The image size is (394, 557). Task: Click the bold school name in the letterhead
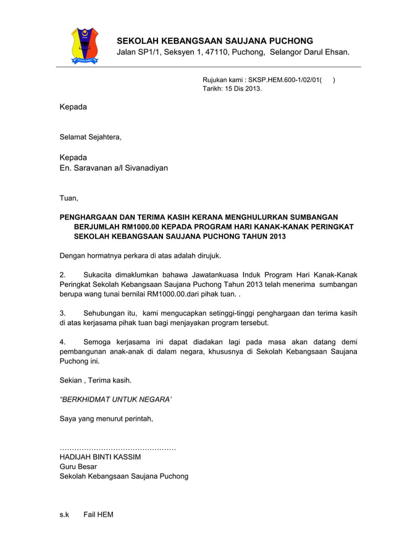(x=215, y=40)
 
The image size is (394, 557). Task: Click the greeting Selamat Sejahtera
(x=90, y=137)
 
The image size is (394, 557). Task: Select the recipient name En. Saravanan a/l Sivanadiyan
(x=113, y=167)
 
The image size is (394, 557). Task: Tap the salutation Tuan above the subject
(x=68, y=198)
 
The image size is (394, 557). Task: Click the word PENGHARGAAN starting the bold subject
(x=89, y=217)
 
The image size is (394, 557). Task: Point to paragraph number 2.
(x=62, y=274)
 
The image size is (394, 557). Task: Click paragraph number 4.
(x=62, y=342)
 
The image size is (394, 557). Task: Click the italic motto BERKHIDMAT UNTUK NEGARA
(x=115, y=399)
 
